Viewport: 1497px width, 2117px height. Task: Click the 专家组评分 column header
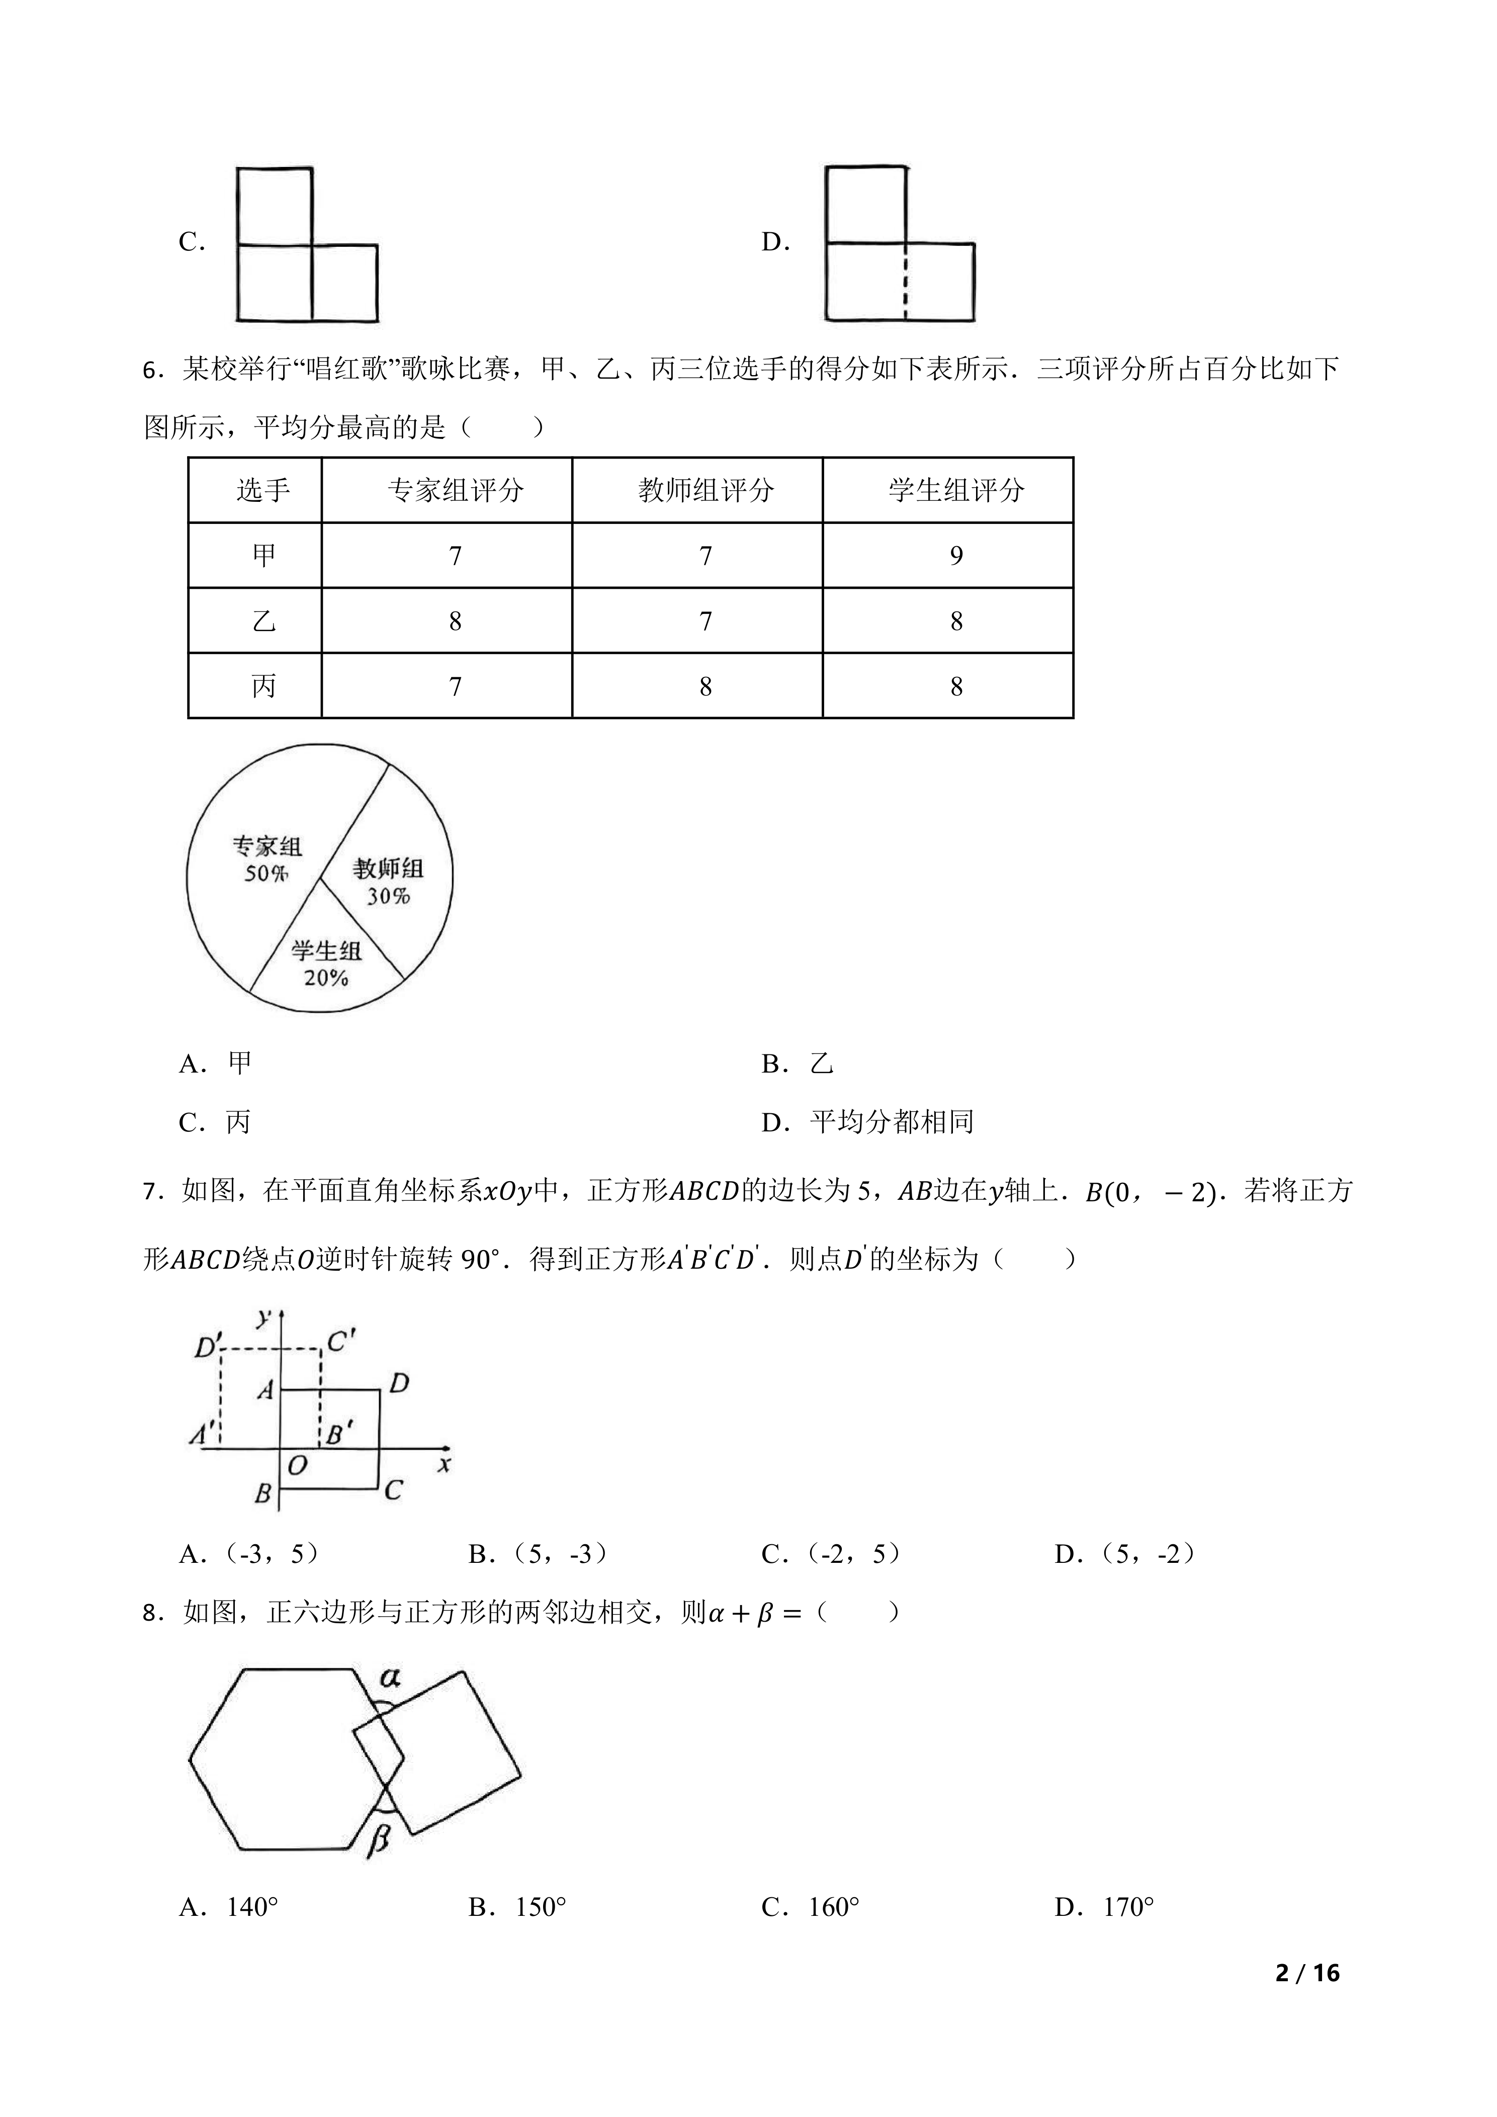pyautogui.click(x=456, y=490)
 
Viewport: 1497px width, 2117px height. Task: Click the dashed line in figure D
pyautogui.click(x=905, y=282)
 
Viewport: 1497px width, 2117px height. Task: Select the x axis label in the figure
pyautogui.click(x=445, y=1463)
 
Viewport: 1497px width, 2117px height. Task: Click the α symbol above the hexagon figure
pyautogui.click(x=389, y=1677)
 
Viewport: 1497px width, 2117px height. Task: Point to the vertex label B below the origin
pyautogui.click(x=262, y=1493)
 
